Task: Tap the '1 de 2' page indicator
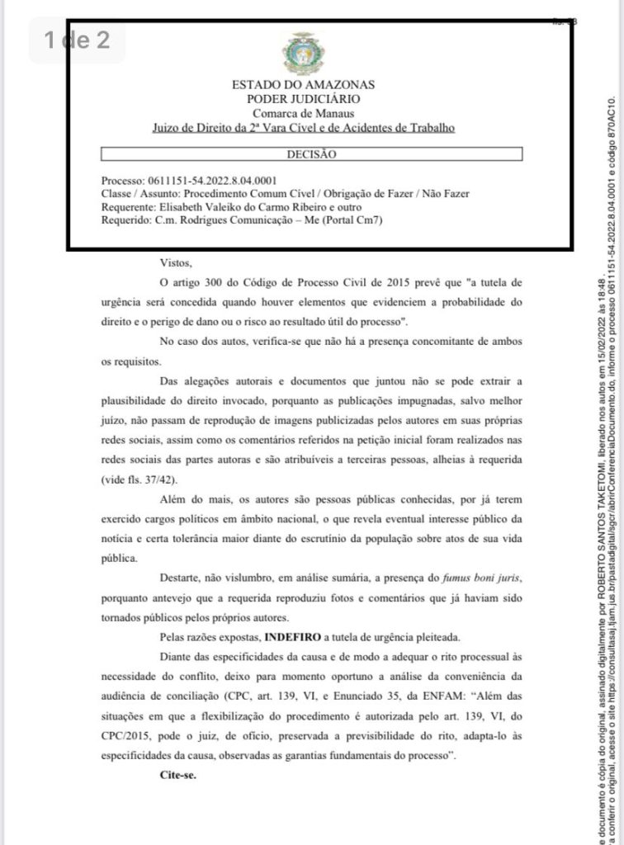point(78,40)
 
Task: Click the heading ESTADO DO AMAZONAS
point(303,85)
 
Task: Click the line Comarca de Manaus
point(303,113)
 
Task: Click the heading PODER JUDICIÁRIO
point(303,99)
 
